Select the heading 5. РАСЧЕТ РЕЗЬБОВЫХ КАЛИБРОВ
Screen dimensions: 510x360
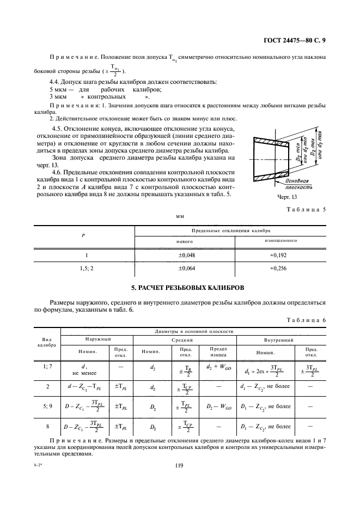tap(180, 287)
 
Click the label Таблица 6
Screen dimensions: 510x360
tap(307, 320)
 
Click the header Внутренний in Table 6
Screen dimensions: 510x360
tap(278, 340)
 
